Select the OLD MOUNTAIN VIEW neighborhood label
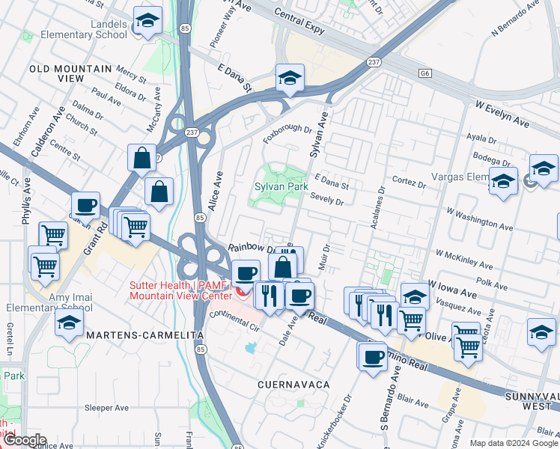tap(67, 73)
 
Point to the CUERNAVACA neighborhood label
tap(293, 384)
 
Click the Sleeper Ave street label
tap(108, 408)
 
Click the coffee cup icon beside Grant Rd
tap(85, 204)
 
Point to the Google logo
tap(24, 440)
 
